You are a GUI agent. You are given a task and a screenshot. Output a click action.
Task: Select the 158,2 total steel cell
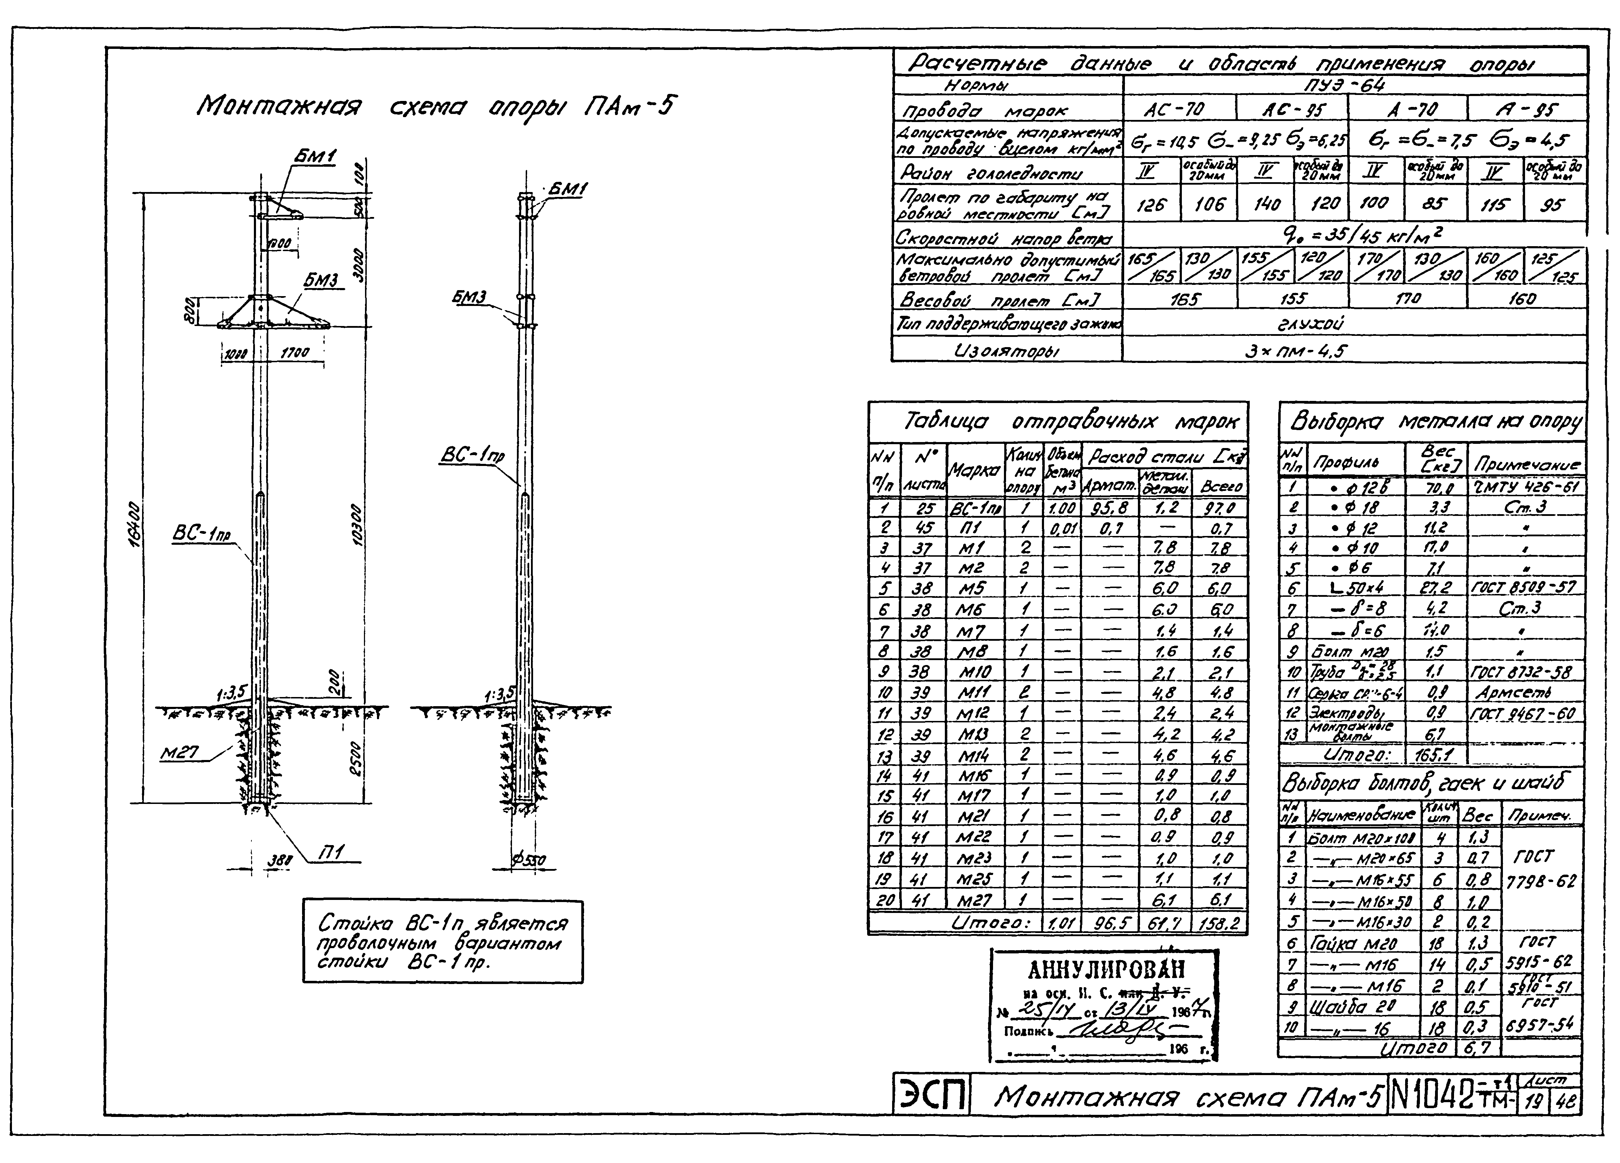point(1220,923)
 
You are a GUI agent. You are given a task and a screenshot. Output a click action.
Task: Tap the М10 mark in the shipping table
point(974,672)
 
